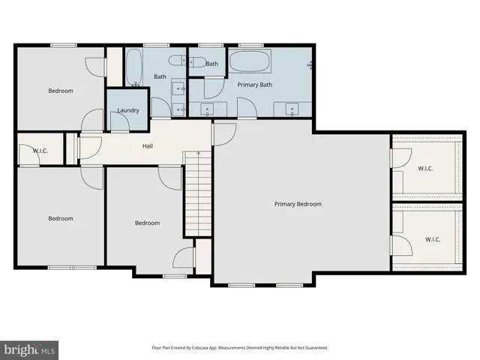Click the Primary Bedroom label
coord(298,204)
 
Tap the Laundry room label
coord(129,111)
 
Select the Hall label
coord(148,145)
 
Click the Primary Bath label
coord(254,85)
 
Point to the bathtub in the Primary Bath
coord(256,61)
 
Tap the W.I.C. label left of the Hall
coord(40,151)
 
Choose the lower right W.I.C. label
coord(433,239)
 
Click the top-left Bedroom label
coord(61,91)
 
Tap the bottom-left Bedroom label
coord(61,218)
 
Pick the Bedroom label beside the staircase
coord(147,223)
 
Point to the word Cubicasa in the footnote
coord(217,348)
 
